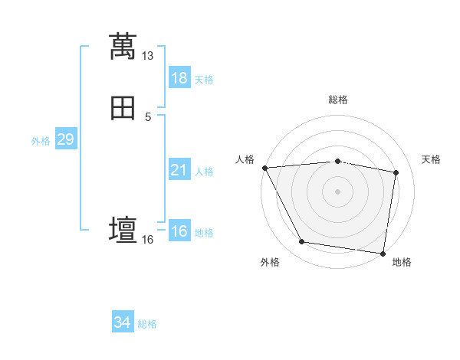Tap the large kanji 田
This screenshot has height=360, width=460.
coord(123,109)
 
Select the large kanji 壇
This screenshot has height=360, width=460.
coord(123,230)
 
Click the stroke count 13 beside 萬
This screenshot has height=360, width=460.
coord(148,56)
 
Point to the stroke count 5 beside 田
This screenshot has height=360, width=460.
coord(148,116)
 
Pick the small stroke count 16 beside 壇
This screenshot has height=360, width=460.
coord(148,240)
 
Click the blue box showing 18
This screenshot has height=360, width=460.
coord(179,78)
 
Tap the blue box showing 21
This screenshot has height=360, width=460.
coord(179,170)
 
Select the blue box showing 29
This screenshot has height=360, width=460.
coord(65,139)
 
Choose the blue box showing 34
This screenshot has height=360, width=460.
coord(123,322)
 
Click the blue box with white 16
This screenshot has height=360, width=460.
coord(179,232)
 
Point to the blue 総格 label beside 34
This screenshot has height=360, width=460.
coord(147,324)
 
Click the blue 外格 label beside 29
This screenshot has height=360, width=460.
coord(41,141)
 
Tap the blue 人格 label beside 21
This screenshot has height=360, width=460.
coord(204,172)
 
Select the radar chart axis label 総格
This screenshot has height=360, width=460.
coord(337,100)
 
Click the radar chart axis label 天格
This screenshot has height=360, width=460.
coord(432,159)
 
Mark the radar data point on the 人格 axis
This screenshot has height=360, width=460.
coord(264,168)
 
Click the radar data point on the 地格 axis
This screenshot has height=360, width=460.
coord(383,253)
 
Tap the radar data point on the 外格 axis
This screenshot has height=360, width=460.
coord(302,243)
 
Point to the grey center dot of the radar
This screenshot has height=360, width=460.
coord(337,191)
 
